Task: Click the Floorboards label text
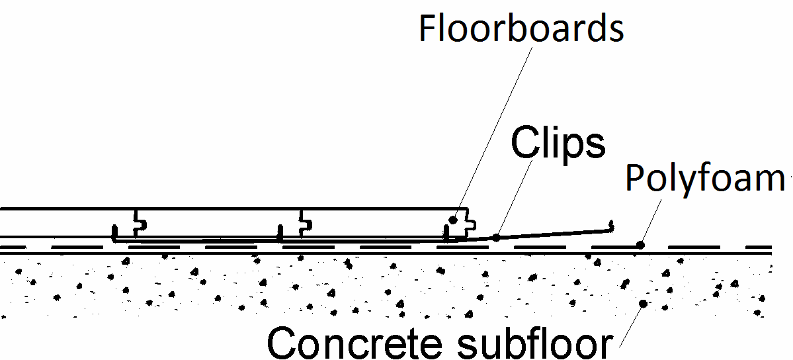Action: [x=521, y=30]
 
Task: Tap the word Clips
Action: [x=558, y=144]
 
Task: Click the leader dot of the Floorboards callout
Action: [x=453, y=220]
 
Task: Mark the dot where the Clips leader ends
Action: [x=496, y=237]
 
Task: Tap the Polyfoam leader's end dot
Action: [x=640, y=246]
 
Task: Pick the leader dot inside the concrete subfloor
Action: [x=642, y=303]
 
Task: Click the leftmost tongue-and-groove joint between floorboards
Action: [x=140, y=222]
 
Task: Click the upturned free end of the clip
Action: [x=612, y=226]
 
